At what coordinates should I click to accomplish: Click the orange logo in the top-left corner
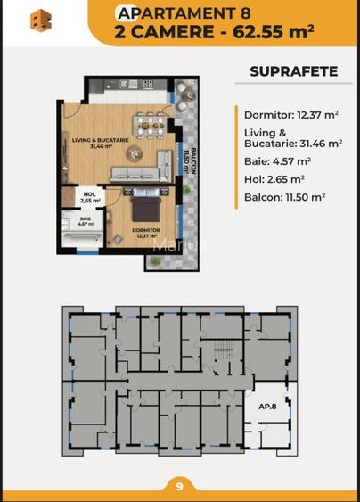(x=40, y=21)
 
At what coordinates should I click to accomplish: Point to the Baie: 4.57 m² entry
(x=277, y=161)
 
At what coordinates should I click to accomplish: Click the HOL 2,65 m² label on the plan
(x=88, y=197)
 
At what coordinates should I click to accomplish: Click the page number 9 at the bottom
(x=179, y=487)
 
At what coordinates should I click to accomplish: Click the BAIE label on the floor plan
(x=85, y=221)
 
